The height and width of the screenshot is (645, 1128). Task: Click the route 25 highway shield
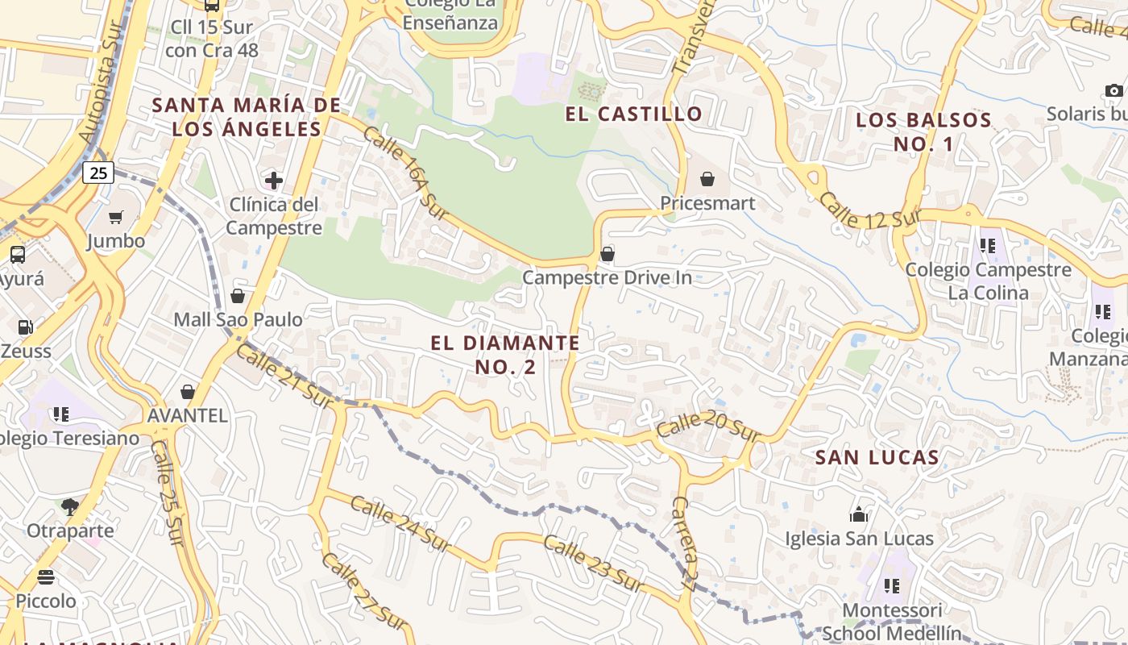tap(97, 173)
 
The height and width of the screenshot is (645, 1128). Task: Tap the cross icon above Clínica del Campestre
tap(274, 180)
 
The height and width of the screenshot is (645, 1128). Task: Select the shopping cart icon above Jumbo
tap(116, 217)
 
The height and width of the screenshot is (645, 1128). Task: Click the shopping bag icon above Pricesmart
tap(707, 178)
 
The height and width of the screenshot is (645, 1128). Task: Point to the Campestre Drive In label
tap(607, 278)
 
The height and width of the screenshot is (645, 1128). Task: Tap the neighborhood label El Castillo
tap(634, 114)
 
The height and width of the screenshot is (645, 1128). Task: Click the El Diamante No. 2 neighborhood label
tap(505, 355)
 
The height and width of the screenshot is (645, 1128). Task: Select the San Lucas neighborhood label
tap(877, 458)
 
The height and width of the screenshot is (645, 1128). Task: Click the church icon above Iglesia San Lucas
tap(859, 514)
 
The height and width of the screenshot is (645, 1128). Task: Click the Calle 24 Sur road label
tap(400, 521)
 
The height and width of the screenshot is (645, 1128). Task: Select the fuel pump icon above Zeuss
tap(26, 327)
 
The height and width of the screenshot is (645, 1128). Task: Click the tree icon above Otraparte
tap(70, 507)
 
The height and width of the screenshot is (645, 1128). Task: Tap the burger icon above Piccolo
tap(46, 577)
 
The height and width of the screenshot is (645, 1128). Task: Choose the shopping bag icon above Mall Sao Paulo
tap(238, 296)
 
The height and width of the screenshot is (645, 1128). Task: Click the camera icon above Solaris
tap(1114, 90)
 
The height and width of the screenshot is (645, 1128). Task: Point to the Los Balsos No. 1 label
tap(923, 132)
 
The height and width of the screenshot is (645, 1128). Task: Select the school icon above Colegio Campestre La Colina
tap(988, 245)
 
